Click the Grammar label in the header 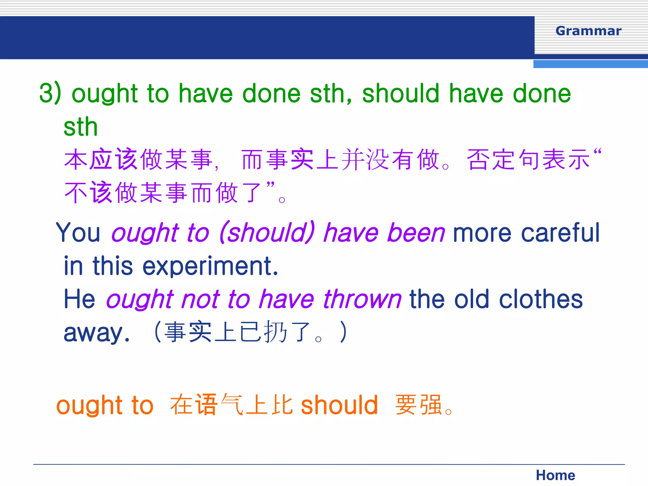[588, 31]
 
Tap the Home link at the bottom [555, 475]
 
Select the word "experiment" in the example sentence [210, 266]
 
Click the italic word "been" [416, 233]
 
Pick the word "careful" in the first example [560, 233]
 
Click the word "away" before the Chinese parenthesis [97, 333]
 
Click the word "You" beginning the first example [78, 233]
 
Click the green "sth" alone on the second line [80, 127]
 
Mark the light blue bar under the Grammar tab [590, 64]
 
